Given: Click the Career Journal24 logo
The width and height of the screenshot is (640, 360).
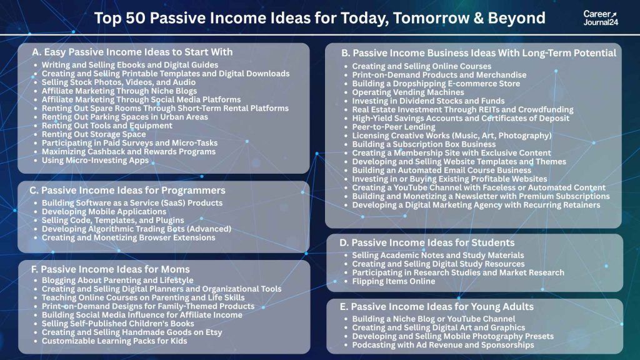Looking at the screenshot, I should [x=599, y=18].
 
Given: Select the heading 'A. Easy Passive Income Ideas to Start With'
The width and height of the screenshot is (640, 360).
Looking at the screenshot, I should [x=132, y=52].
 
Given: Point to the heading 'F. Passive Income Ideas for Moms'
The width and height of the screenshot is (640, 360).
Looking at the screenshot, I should [x=111, y=269].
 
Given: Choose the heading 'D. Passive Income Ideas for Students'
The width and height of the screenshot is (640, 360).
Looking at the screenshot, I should [x=427, y=242].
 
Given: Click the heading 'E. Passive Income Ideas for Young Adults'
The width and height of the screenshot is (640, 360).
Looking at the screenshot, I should [x=436, y=306].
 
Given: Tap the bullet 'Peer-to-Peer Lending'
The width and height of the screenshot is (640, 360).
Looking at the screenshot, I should [x=393, y=127].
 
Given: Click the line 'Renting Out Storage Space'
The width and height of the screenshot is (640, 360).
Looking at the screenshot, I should [x=94, y=134].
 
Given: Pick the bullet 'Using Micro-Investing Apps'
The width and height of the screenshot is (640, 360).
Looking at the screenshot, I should [x=95, y=161].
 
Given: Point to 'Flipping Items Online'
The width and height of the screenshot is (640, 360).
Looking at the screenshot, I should [x=393, y=281].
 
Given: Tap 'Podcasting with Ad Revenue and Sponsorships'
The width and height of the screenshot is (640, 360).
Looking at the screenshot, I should [x=442, y=345].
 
